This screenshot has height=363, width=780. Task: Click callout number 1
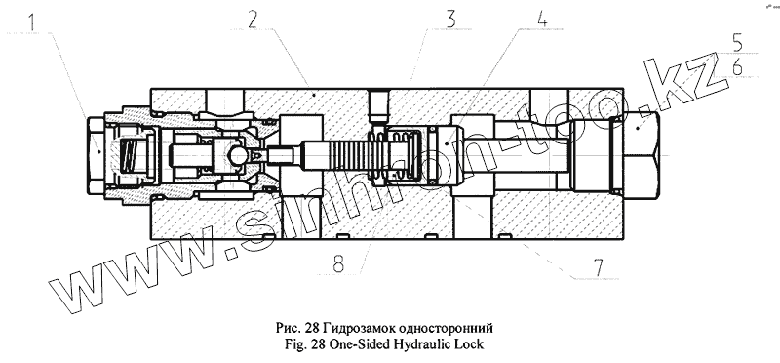(x=31, y=22)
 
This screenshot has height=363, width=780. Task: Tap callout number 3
(x=450, y=20)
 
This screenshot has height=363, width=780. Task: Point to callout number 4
(x=542, y=18)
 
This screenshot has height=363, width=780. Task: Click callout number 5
(x=737, y=43)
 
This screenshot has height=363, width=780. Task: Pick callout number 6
(x=737, y=66)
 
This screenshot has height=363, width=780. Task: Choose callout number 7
(x=597, y=267)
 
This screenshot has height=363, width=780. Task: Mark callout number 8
(x=338, y=263)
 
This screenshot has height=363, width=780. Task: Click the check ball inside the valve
(x=239, y=156)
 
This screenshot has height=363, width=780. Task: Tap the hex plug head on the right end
(x=642, y=156)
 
